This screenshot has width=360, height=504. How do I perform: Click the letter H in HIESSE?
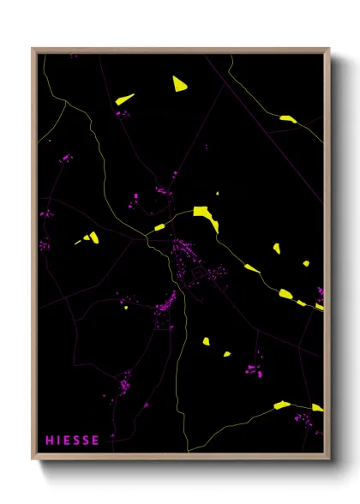click(50, 441)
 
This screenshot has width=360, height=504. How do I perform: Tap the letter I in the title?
click(59, 441)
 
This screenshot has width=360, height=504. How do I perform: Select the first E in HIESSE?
click(68, 441)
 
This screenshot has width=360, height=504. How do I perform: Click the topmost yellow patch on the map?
click(179, 83)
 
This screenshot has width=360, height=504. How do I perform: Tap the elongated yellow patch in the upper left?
click(125, 99)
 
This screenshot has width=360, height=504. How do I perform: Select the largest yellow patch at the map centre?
click(206, 216)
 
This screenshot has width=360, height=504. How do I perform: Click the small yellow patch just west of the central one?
click(159, 227)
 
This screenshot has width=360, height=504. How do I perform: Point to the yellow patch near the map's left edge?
click(89, 237)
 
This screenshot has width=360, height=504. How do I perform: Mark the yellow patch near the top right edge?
click(288, 119)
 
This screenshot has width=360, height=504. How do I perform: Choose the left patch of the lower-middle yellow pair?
click(206, 341)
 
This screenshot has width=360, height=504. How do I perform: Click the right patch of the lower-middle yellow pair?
click(227, 353)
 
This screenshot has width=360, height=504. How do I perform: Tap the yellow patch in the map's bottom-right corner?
click(316, 407)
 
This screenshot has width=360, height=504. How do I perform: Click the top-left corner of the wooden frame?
click(33, 49)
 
